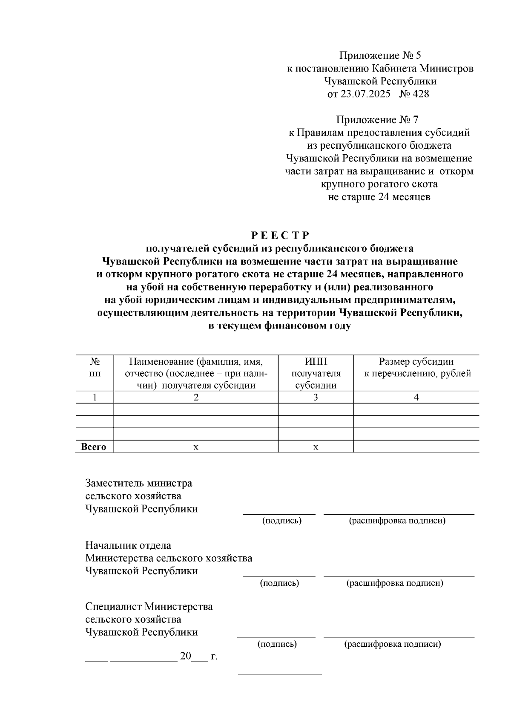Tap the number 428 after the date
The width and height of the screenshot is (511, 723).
tap(420, 94)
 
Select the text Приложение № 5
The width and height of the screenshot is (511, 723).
tap(379, 55)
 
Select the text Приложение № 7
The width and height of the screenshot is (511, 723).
tap(379, 120)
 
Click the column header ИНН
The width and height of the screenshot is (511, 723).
tap(316, 362)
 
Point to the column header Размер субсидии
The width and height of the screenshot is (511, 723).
tap(416, 362)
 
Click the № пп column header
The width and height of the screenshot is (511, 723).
tap(95, 367)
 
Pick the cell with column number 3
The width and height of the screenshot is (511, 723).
tap(316, 398)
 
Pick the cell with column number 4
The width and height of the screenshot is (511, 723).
tap(416, 398)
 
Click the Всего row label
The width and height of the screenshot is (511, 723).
tap(94, 447)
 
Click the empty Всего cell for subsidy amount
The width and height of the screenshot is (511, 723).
tap(416, 447)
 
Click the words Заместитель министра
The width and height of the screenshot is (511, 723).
tap(138, 483)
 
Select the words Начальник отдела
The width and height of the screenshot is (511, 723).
tap(128, 545)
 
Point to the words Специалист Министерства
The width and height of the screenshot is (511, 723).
tap(149, 606)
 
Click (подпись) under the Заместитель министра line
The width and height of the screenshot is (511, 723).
tap(281, 521)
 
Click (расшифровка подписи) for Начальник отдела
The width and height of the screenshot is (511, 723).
tap(395, 583)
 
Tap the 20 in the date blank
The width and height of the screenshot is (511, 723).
tap(186, 656)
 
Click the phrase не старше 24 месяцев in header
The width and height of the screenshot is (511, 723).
tap(379, 197)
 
